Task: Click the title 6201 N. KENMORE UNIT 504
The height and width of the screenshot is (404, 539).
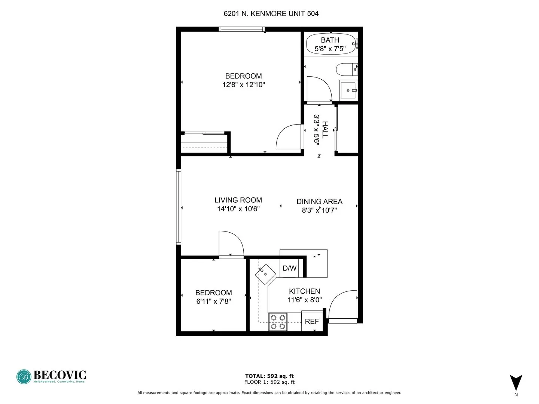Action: point(271,14)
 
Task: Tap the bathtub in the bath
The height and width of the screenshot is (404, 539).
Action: point(330,44)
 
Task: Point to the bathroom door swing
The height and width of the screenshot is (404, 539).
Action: point(318,89)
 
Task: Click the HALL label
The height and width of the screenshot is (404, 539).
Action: point(325,129)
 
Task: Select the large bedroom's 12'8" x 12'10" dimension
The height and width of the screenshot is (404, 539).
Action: point(243,85)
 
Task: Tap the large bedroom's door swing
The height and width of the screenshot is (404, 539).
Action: point(289,137)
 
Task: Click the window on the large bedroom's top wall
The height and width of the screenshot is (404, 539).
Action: point(242,29)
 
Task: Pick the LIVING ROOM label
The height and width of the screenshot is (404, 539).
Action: point(238,200)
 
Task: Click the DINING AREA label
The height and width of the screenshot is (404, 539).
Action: point(319,202)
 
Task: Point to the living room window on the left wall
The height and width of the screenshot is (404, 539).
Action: point(179,206)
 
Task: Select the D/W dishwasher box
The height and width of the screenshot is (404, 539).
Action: point(289,268)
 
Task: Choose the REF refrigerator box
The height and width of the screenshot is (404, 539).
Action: point(312,321)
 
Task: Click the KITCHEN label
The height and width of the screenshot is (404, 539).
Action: point(304,291)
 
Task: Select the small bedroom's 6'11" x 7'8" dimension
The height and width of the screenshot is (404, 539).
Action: point(213,301)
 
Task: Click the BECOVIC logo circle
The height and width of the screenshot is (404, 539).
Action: point(24,377)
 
